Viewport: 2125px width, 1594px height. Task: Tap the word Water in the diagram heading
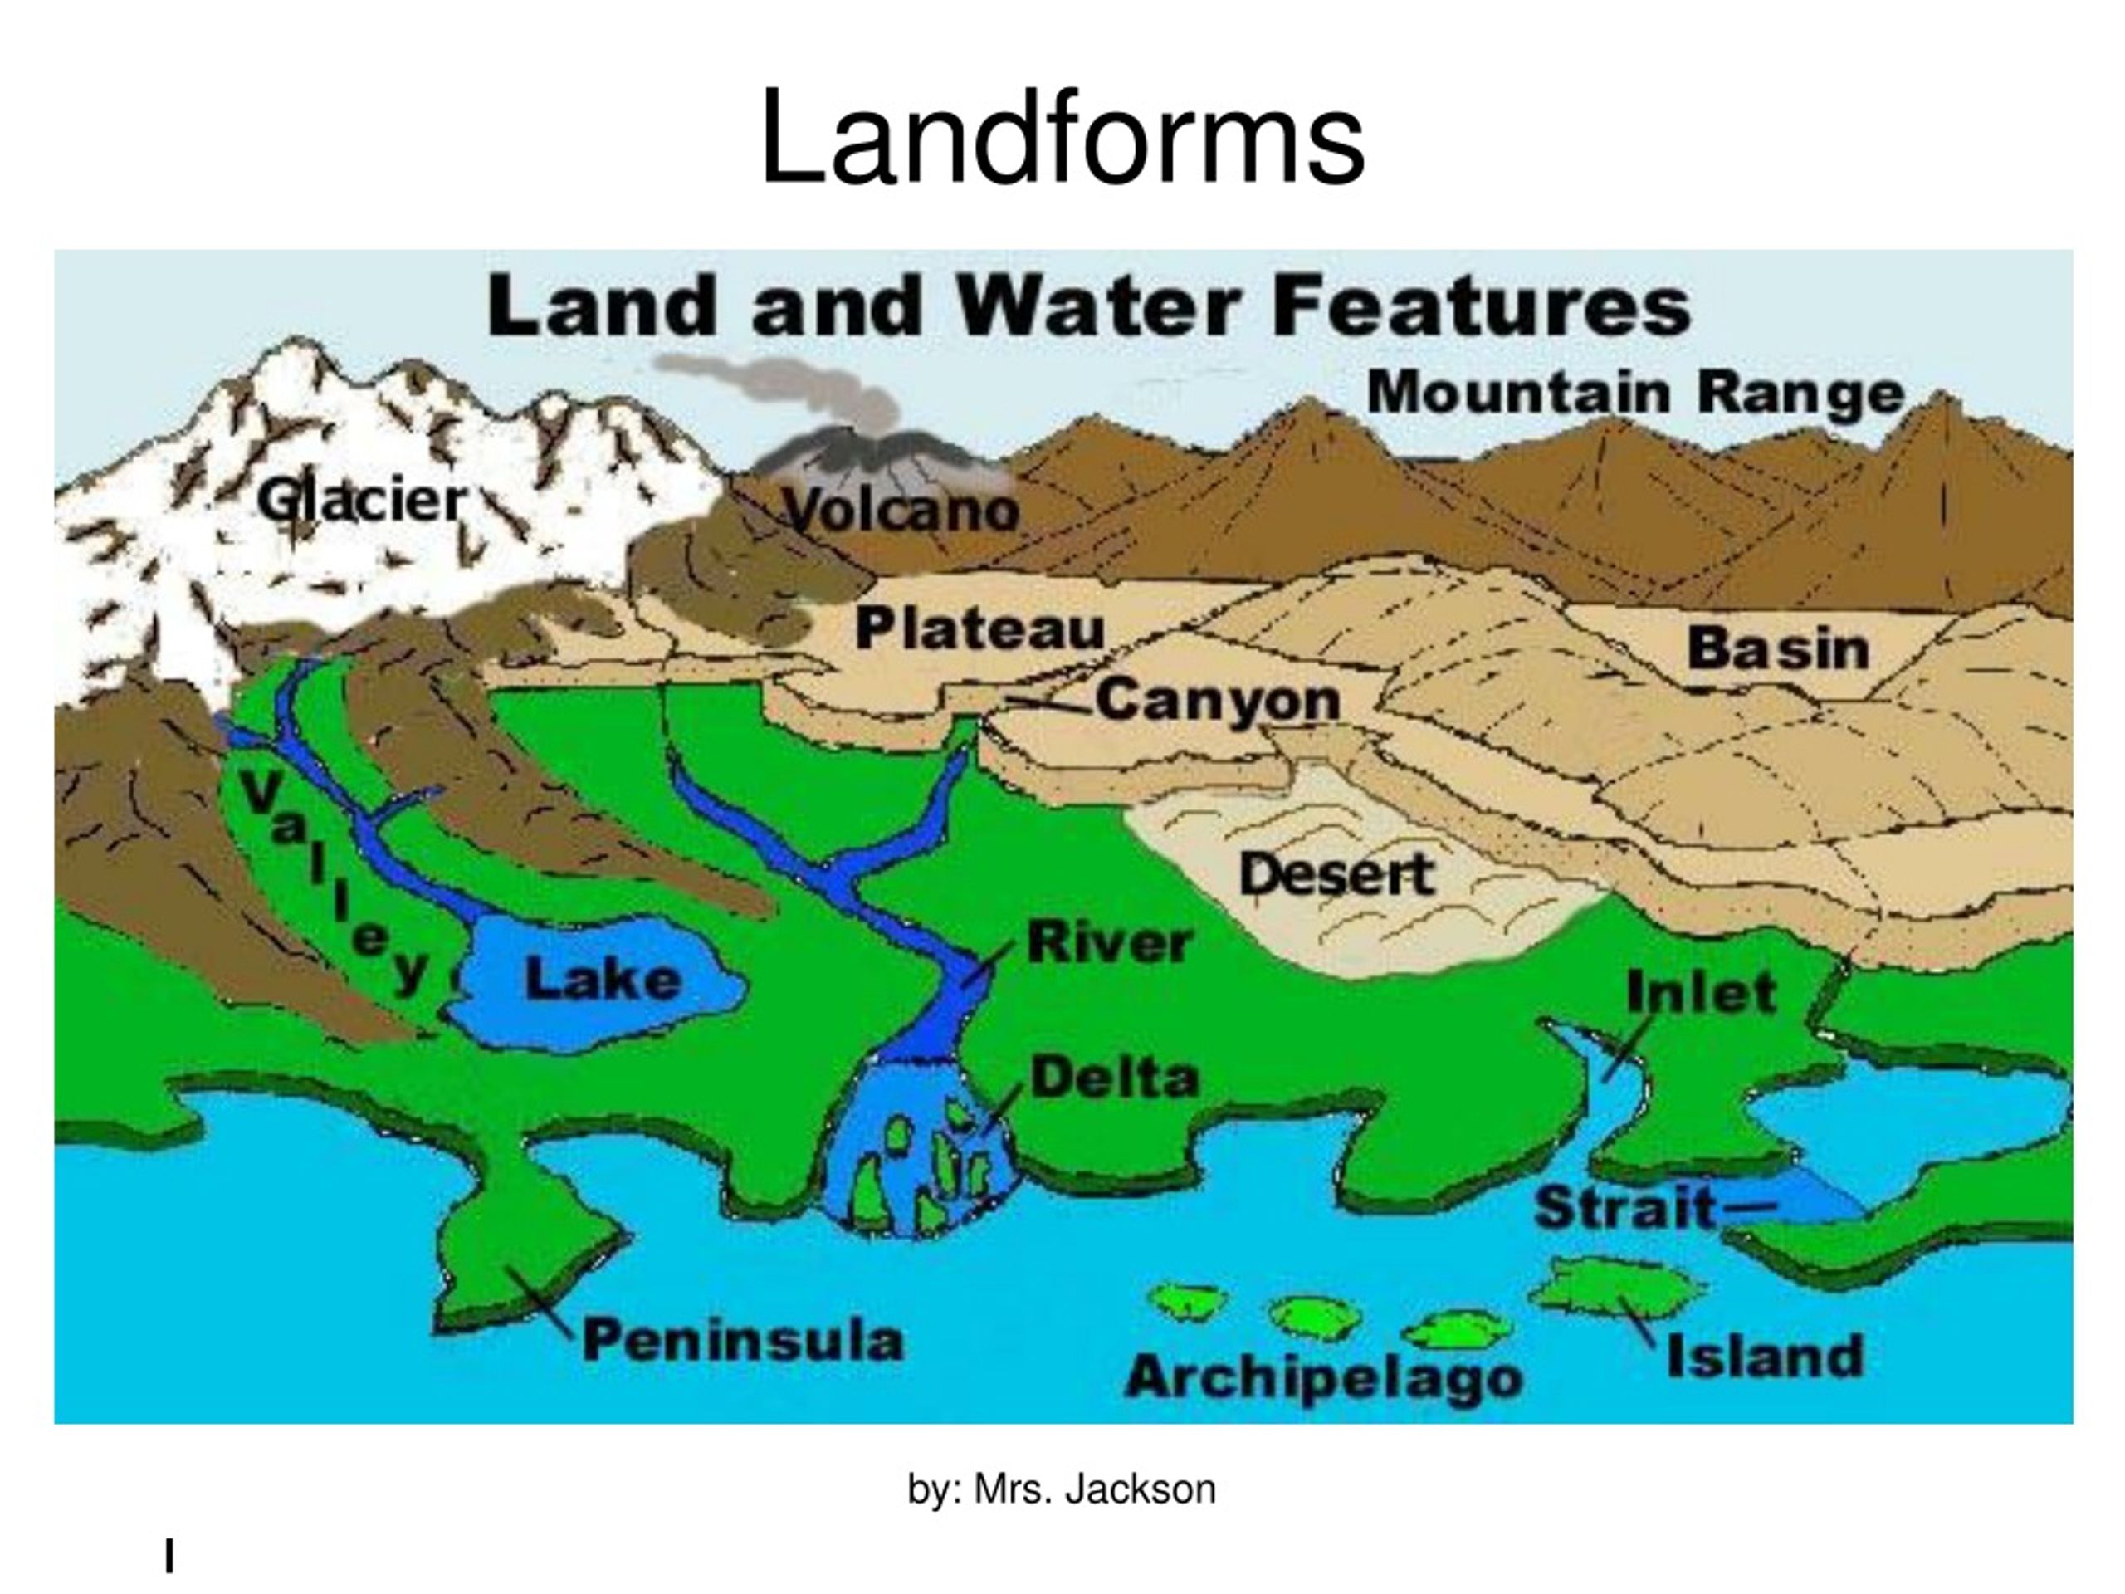[1099, 306]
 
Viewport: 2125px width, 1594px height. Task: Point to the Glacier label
[362, 501]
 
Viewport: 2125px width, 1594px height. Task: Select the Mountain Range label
[1635, 392]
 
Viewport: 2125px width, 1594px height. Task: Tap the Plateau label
[979, 629]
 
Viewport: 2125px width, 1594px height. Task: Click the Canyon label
[1217, 700]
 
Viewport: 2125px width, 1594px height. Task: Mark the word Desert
[1336, 874]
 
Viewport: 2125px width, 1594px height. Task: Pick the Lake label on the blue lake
[603, 980]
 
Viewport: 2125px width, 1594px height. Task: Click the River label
[1110, 941]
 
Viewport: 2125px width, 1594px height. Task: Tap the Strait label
[1624, 1207]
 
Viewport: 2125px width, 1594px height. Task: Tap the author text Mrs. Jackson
[1093, 1489]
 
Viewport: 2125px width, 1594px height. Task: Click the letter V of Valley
[259, 793]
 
